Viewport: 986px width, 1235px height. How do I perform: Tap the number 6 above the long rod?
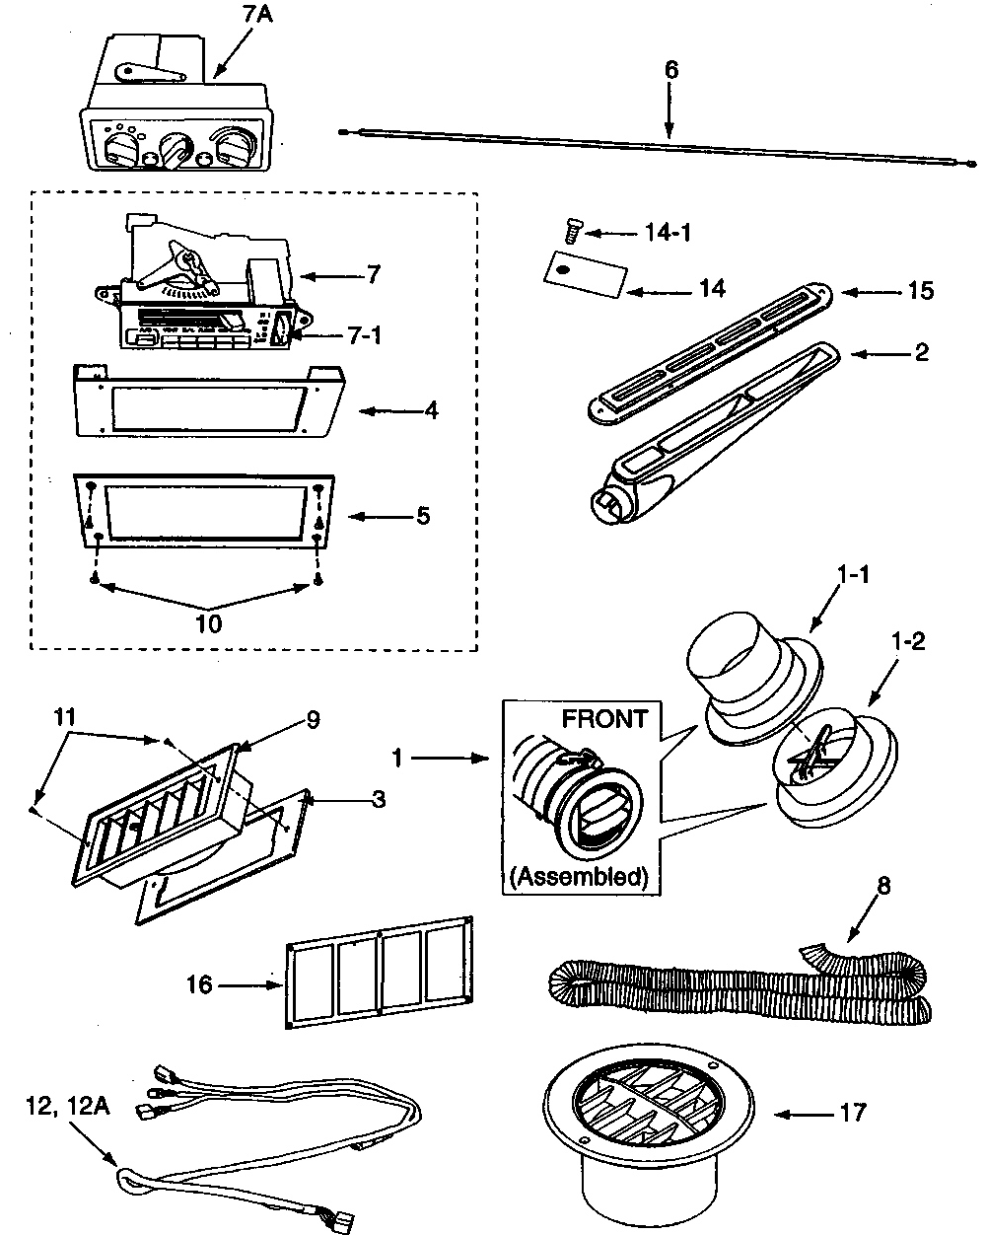670,70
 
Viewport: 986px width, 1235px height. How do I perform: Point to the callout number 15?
919,292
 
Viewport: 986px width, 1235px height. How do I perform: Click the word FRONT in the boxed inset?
604,718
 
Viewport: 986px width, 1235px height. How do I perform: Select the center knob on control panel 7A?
177,150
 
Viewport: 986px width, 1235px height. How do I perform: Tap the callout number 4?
430,409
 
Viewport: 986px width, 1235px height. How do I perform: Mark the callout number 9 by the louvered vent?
312,721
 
